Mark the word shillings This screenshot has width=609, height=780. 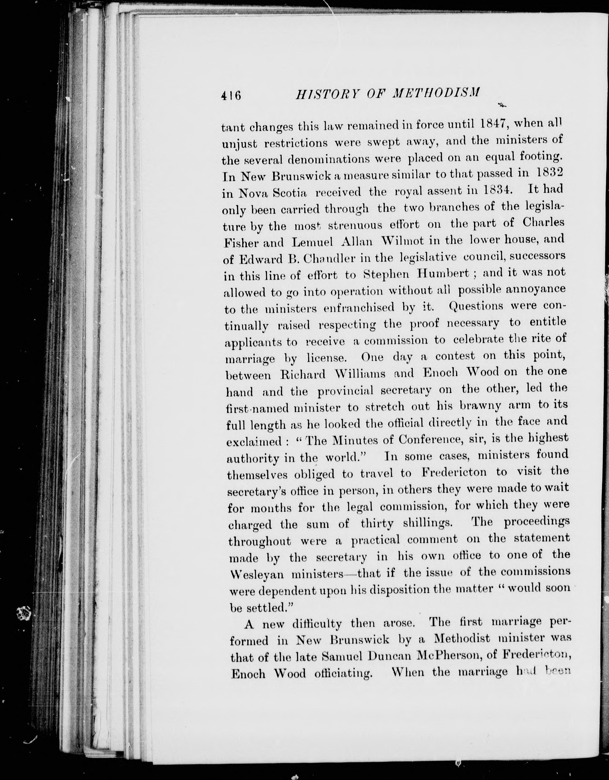[423, 523]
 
